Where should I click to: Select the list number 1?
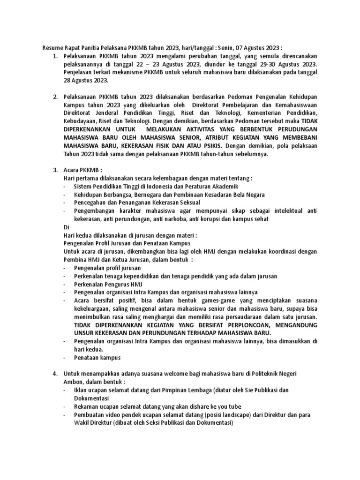(55, 56)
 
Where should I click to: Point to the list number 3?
(55, 170)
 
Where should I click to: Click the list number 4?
(55, 373)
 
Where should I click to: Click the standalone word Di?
(67, 227)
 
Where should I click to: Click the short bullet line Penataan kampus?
(97, 357)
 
